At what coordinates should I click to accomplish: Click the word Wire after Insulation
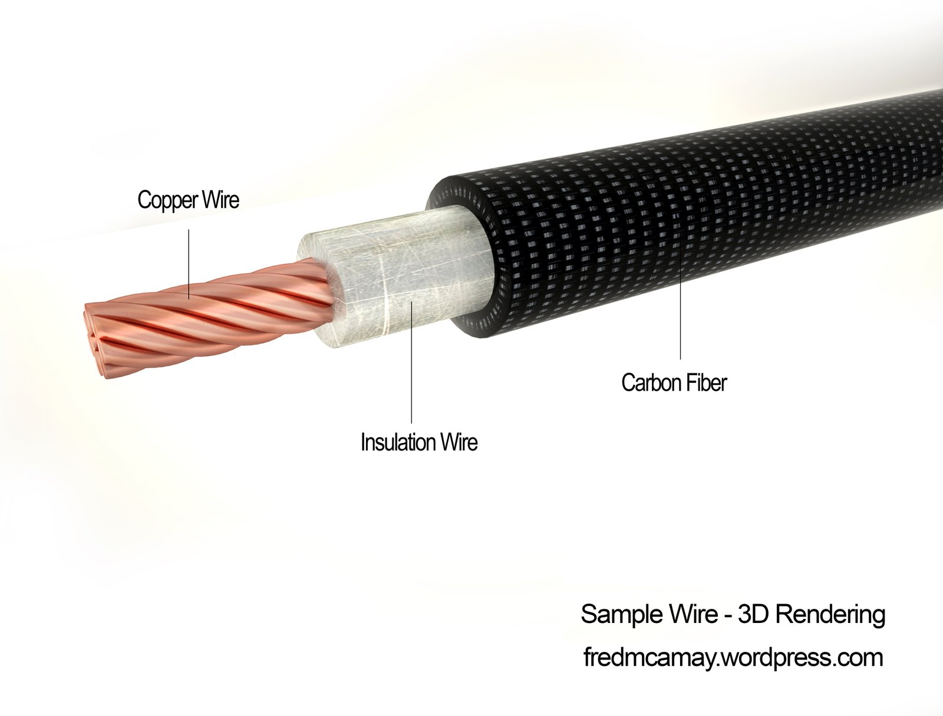pos(459,442)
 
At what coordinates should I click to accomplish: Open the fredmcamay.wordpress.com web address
pos(733,657)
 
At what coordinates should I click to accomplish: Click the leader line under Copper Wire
pos(189,264)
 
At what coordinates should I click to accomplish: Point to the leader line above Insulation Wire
pos(411,363)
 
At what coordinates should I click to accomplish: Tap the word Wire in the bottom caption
pos(690,615)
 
